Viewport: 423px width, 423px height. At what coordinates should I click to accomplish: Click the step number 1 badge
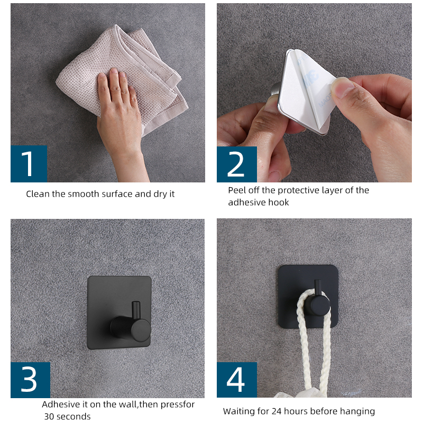(29, 164)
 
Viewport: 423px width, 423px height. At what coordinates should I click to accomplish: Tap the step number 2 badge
(236, 164)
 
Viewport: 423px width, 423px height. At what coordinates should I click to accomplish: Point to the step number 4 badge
(236, 380)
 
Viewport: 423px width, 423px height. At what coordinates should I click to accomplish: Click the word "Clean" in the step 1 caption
(38, 194)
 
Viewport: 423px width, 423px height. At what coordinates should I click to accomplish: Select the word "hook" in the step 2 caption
(279, 203)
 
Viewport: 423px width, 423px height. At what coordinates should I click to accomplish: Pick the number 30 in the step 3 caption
(50, 417)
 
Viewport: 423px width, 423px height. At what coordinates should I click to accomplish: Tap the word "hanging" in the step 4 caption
(358, 411)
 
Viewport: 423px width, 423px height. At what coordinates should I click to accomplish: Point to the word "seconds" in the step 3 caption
(74, 417)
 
